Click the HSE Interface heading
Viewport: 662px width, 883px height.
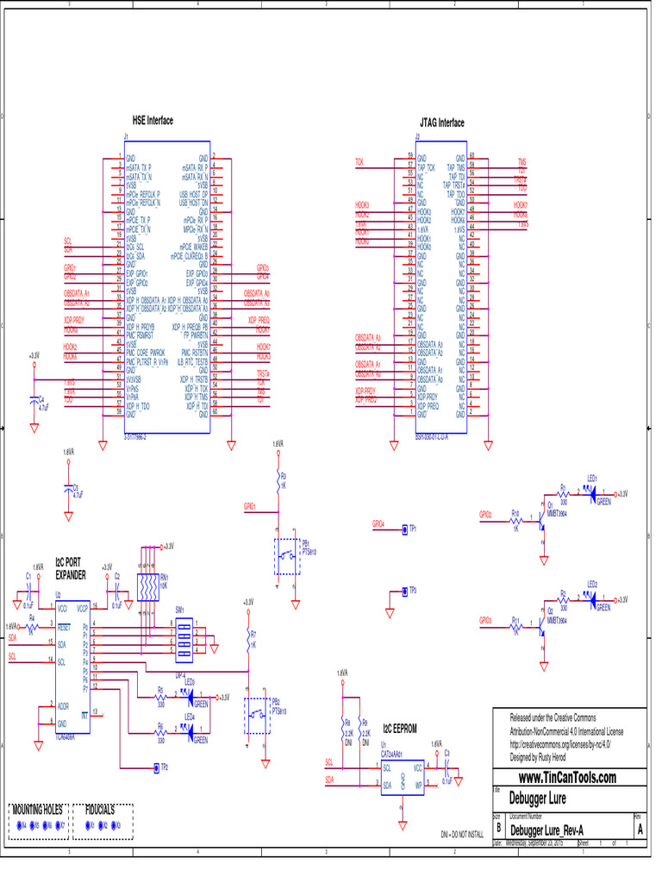pos(153,121)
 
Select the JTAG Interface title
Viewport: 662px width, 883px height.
pos(441,123)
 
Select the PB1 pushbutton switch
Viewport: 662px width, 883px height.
pos(286,556)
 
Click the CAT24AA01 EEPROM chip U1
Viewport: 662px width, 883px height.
pos(402,774)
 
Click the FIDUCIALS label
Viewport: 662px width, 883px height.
pos(101,811)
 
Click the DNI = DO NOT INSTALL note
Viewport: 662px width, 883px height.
pos(461,836)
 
